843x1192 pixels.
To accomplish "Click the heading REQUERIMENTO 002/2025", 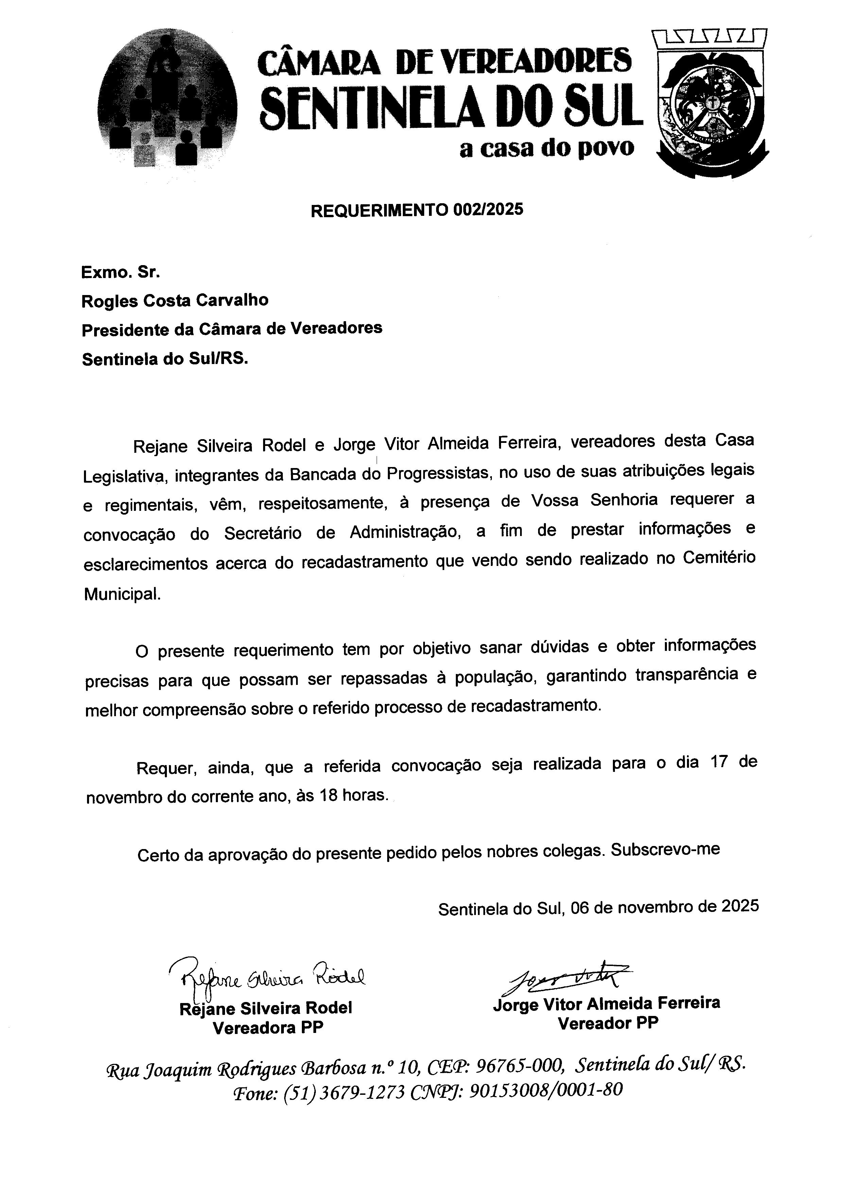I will [x=417, y=210].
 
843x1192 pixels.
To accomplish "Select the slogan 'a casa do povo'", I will [x=547, y=149].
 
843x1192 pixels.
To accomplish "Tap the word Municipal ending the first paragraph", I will [x=122, y=594].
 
